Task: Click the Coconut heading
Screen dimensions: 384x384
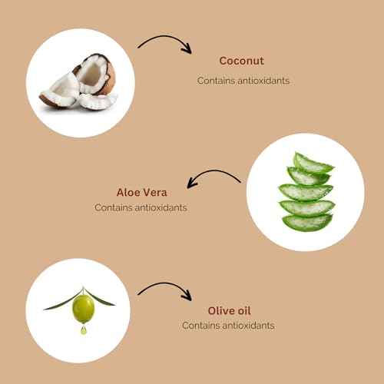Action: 241,61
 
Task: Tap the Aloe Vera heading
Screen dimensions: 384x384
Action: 141,193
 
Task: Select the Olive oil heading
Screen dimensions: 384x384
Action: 229,311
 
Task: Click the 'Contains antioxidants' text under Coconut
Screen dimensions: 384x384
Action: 243,81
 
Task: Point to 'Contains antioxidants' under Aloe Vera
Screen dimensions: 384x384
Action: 141,207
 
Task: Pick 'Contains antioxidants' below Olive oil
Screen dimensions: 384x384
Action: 228,326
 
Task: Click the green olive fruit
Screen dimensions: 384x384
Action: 84,309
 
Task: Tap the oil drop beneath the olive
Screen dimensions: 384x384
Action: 84,330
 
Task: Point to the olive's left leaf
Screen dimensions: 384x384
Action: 61,302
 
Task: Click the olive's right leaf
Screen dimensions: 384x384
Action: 101,298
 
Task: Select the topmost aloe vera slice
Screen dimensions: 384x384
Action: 313,163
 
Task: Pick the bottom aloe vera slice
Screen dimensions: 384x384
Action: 307,222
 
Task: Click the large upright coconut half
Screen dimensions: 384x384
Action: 95,74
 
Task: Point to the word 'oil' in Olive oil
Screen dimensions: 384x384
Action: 243,311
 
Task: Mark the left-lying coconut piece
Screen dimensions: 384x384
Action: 59,92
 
